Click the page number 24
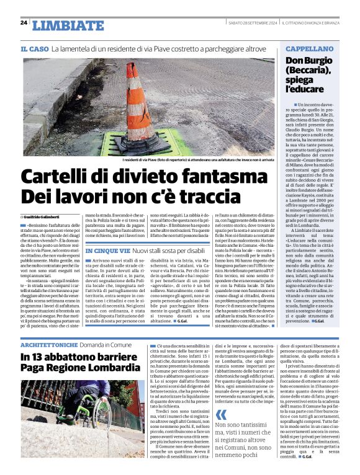click(x=24, y=23)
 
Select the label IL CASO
click(x=34, y=48)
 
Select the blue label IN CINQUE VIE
click(x=107, y=251)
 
